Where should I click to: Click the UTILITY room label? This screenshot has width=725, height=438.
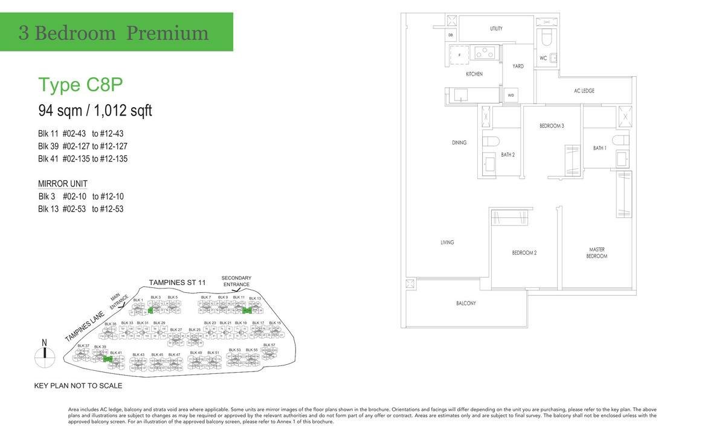[496, 28]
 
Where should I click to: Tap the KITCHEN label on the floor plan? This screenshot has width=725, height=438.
[474, 74]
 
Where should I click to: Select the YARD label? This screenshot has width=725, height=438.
[518, 66]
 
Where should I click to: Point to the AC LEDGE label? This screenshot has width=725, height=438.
[584, 91]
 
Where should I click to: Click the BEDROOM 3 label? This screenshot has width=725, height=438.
[552, 126]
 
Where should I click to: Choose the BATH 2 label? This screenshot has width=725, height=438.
[507, 155]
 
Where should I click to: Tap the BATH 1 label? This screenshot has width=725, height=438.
[599, 148]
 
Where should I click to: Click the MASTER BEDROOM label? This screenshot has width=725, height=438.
[597, 253]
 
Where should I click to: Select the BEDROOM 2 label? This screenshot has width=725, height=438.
[524, 253]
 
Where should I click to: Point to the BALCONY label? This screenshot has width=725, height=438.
[466, 303]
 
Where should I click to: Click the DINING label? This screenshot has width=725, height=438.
[459, 143]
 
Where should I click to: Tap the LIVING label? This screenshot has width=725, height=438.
[447, 243]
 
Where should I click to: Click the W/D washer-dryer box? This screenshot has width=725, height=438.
[511, 96]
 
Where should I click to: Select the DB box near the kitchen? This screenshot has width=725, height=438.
[451, 35]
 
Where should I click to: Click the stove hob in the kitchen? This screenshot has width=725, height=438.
[484, 53]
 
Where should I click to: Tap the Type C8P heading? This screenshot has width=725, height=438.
[67, 85]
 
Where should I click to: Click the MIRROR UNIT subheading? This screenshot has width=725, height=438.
[63, 184]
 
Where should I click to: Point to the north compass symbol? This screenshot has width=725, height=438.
[43, 358]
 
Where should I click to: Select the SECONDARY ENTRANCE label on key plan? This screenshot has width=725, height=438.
[236, 281]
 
